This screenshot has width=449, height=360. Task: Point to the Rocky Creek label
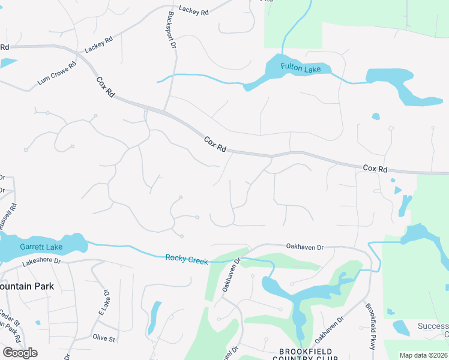pyautogui.click(x=187, y=260)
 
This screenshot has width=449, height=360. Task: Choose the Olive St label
pyautogui.click(x=104, y=338)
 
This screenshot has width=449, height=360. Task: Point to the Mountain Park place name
pyautogui.click(x=27, y=286)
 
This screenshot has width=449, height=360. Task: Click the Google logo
pyautogui.click(x=20, y=353)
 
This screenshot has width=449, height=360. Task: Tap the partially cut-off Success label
pyautogui.click(x=433, y=327)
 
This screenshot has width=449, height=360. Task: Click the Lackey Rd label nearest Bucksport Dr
pyautogui.click(x=193, y=11)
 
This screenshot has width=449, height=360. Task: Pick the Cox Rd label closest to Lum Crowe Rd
pyautogui.click(x=105, y=87)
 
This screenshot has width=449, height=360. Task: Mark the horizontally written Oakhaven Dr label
pyautogui.click(x=305, y=247)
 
